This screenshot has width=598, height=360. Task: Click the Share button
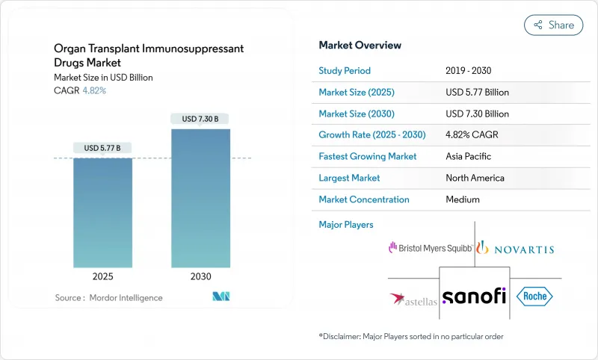554,25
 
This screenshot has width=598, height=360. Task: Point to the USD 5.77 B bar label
102,147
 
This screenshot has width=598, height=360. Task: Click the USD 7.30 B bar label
200,118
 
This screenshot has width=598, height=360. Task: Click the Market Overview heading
360,45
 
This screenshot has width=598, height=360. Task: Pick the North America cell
474,178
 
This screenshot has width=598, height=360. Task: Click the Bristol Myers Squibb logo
430,247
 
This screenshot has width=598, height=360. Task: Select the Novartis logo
516,248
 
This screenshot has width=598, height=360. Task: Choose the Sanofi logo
473,297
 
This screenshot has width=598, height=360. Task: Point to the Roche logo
536,297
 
